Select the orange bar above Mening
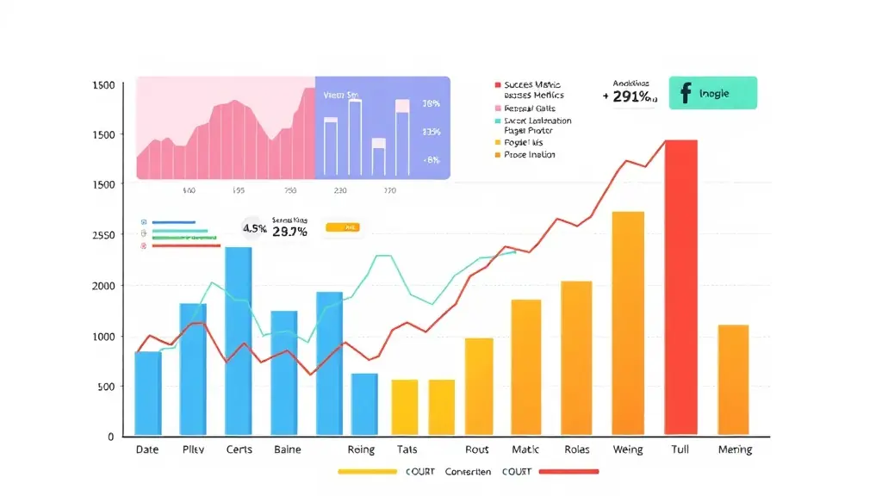tap(733, 380)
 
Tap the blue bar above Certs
tap(239, 341)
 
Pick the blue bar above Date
tap(147, 393)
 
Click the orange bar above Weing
tap(628, 323)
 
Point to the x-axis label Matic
tap(525, 449)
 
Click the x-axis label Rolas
tap(576, 449)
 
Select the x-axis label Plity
tap(193, 449)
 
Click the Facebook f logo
tap(686, 93)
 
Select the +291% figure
tap(633, 97)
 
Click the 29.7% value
tap(289, 232)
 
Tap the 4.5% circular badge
tap(254, 229)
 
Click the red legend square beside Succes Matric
tap(498, 85)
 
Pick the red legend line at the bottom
tap(568, 472)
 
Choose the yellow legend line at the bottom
tap(368, 472)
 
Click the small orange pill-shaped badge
tap(343, 228)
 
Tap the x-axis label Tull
tap(680, 449)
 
